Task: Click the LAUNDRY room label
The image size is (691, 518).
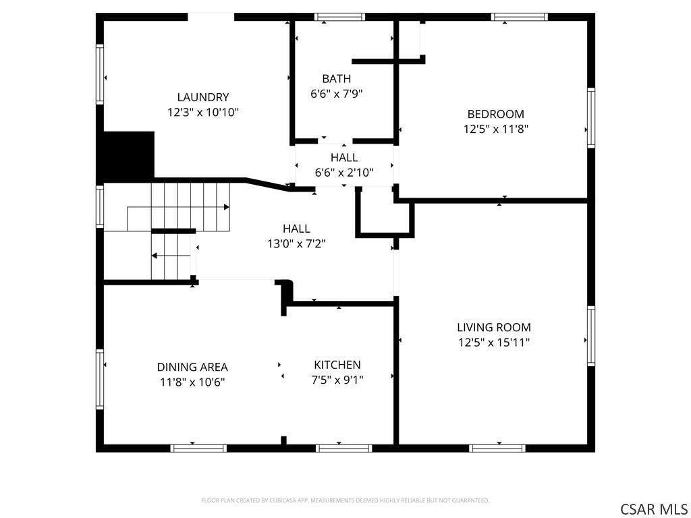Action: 203,97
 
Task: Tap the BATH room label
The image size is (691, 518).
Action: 337,79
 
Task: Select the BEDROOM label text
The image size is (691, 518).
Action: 496,114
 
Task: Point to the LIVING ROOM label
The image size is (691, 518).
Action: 494,327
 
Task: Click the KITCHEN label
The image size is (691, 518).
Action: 337,365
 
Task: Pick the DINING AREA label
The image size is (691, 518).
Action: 192,367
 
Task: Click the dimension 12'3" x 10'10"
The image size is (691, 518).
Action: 203,113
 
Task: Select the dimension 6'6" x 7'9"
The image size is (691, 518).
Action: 337,94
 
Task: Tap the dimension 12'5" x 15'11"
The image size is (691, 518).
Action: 494,342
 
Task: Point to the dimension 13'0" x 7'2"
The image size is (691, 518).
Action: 297,243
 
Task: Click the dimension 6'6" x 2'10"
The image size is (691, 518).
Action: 344,172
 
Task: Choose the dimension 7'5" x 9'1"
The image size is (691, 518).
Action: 337,380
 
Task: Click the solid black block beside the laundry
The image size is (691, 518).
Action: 126,157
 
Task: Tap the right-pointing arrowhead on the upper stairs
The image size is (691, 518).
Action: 227,207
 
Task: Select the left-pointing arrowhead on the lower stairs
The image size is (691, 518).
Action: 155,256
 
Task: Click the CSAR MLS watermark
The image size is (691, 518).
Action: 653,509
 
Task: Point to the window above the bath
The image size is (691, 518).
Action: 340,17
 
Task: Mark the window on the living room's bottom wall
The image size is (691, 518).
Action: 497,449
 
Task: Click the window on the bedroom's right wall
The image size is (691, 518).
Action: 591,117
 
